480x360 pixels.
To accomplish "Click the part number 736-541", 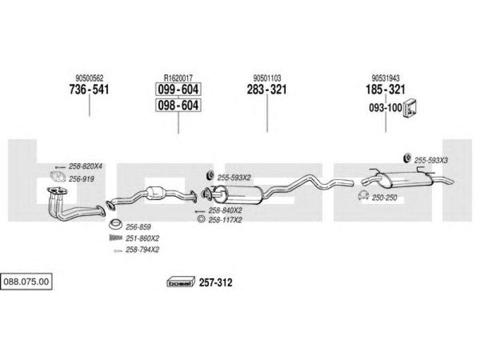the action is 89,89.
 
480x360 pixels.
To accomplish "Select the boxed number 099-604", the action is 178,89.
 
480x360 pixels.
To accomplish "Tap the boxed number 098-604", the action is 178,105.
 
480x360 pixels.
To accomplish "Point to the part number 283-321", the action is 267,89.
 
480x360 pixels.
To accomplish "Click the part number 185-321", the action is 385,89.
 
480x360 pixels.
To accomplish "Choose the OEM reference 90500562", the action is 89,78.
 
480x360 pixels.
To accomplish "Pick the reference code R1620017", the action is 178,78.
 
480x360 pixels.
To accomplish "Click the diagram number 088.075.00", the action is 26,281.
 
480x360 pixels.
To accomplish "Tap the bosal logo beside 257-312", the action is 181,282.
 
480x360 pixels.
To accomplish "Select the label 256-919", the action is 82,179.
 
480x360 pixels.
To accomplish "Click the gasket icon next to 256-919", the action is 58,176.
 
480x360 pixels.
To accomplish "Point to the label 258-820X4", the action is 85,166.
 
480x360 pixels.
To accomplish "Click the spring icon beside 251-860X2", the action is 116,237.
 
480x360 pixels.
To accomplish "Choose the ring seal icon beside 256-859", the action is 115,224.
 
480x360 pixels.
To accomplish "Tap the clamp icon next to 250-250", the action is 364,195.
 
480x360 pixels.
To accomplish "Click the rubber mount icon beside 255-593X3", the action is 407,158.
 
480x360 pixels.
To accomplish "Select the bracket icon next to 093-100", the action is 410,109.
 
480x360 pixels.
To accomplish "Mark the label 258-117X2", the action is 225,220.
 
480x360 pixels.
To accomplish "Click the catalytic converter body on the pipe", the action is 155,193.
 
